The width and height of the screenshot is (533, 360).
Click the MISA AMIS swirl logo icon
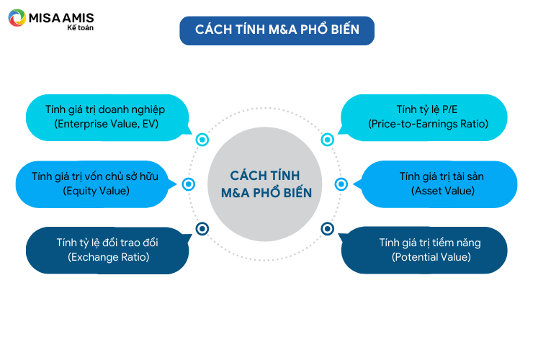[x=17, y=18]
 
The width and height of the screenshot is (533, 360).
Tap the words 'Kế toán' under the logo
[x=80, y=28]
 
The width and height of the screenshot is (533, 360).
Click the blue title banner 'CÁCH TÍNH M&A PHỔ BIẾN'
[x=277, y=30]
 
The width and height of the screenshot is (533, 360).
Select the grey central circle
[x=265, y=184]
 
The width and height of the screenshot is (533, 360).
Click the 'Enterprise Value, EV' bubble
[x=107, y=117]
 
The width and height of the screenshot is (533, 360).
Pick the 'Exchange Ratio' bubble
[x=107, y=250]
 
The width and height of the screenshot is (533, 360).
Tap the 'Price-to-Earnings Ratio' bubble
[x=424, y=117]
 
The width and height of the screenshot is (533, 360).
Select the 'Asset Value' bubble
[x=436, y=184]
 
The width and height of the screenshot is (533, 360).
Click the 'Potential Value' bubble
[x=424, y=250]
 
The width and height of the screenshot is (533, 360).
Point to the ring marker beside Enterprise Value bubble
[x=202, y=140]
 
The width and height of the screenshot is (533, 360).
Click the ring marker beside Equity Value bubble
[x=188, y=184]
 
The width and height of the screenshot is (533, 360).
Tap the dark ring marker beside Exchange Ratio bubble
[x=202, y=229]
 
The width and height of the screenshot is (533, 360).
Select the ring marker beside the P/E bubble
[x=327, y=140]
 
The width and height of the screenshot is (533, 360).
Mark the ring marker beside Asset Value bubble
[x=341, y=184]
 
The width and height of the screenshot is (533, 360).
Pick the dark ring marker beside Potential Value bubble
[x=327, y=229]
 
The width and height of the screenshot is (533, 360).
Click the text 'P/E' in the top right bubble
[x=449, y=109]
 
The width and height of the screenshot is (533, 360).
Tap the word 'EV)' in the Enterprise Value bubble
[x=151, y=124]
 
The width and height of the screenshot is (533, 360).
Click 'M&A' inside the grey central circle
[x=236, y=193]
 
